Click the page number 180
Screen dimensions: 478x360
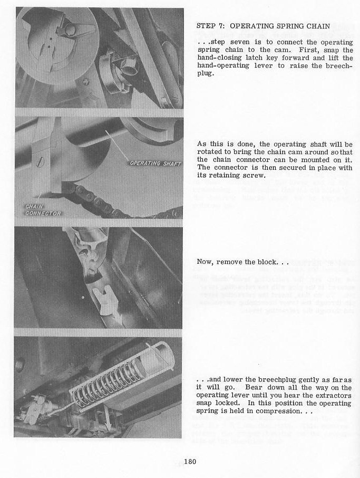point(190,462)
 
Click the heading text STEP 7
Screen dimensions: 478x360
point(209,25)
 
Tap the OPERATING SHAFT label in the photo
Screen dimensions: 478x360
point(155,163)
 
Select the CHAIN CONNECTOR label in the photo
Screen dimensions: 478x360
point(43,209)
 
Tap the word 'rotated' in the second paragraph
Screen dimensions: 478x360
point(209,152)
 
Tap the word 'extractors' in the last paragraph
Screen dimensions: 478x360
point(333,395)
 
